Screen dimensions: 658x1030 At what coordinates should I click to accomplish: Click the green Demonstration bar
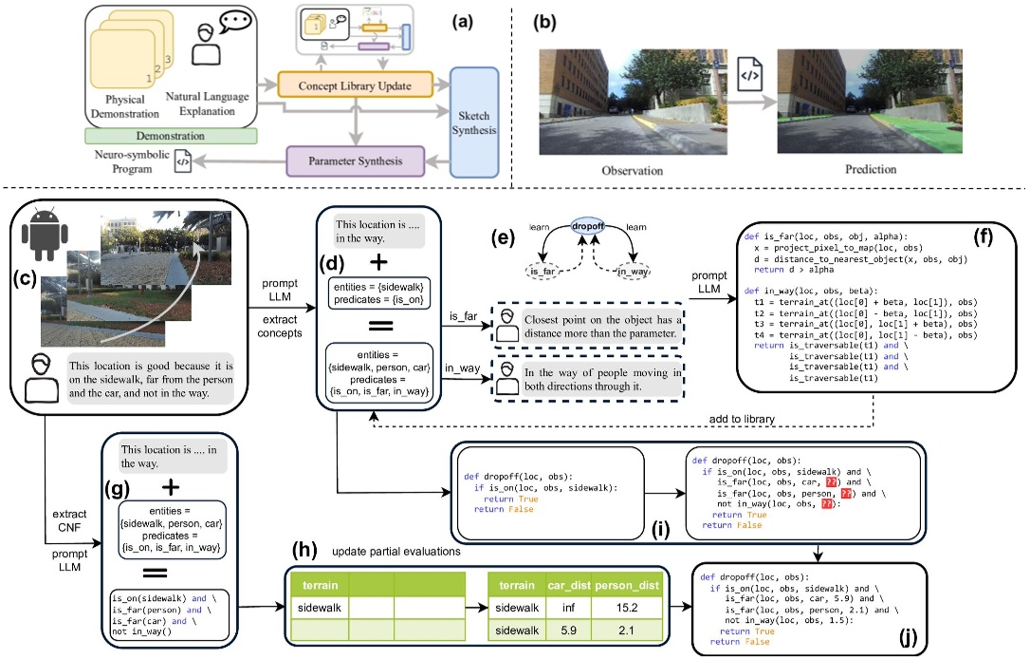click(x=171, y=137)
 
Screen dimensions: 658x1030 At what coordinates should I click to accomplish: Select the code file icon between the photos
click(x=749, y=73)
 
